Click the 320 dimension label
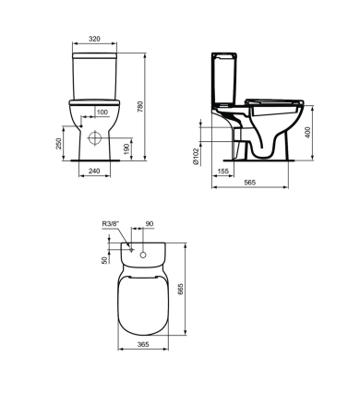pyautogui.click(x=94, y=39)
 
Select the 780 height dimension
pyautogui.click(x=140, y=106)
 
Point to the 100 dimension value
pyautogui.click(x=102, y=113)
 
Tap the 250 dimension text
pyautogui.click(x=58, y=144)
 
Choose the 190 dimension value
pyautogui.click(x=126, y=148)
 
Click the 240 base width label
pyautogui.click(x=94, y=171)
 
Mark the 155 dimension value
pyautogui.click(x=223, y=172)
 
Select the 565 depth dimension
pyautogui.click(x=250, y=183)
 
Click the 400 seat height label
pyautogui.click(x=308, y=132)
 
